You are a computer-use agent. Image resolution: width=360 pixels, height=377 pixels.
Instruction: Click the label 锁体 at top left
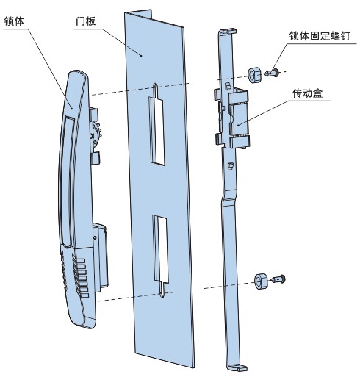(x=14, y=21)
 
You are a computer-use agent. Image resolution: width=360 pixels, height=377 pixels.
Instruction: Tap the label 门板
(x=85, y=21)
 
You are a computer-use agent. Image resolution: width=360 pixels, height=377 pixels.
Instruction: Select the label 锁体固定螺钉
(x=320, y=36)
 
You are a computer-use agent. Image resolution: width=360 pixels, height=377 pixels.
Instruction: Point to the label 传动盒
(x=307, y=93)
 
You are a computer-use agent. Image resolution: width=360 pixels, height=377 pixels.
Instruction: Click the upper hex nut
(x=254, y=74)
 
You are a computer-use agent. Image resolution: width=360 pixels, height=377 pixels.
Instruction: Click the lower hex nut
(x=261, y=281)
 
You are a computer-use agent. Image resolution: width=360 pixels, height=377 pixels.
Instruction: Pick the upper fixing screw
(x=272, y=73)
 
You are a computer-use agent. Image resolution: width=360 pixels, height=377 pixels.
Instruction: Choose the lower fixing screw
(x=278, y=279)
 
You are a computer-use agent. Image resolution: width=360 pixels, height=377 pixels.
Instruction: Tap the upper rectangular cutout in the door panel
(x=156, y=131)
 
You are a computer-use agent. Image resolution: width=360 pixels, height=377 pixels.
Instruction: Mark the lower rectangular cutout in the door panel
(x=161, y=248)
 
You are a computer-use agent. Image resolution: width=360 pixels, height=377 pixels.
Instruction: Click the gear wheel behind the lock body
(x=96, y=134)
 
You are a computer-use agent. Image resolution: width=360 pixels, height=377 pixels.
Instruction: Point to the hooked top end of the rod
(x=228, y=32)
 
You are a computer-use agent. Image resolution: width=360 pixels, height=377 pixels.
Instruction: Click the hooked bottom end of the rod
(x=236, y=367)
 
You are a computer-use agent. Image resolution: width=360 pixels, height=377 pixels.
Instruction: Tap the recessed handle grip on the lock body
(x=67, y=182)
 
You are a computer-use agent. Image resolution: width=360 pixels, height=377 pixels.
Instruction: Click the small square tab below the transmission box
(x=231, y=166)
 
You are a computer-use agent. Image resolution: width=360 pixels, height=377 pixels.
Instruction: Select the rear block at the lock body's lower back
(x=101, y=256)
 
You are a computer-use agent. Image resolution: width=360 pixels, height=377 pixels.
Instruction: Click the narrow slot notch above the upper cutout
(x=156, y=90)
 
